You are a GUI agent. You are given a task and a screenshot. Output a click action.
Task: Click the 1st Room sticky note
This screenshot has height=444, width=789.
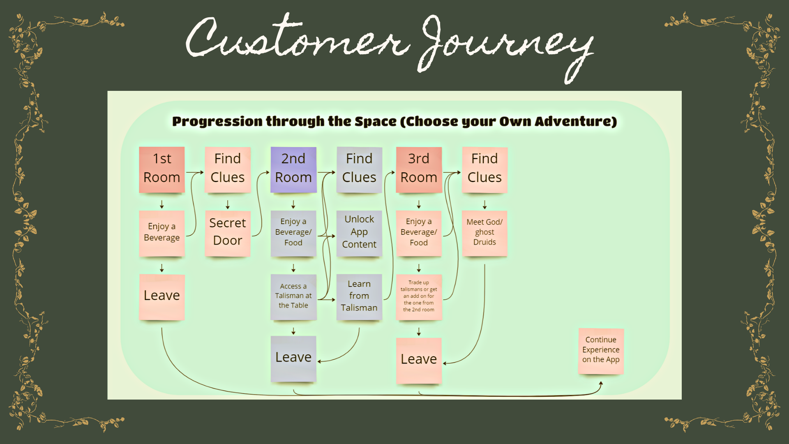click(x=162, y=170)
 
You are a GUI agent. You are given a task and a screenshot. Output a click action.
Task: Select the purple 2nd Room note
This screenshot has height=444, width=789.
click(x=293, y=170)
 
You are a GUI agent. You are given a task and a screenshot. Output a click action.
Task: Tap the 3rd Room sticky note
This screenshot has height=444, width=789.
click(x=419, y=170)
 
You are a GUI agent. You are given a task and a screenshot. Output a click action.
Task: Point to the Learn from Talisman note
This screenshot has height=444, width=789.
click(x=359, y=297)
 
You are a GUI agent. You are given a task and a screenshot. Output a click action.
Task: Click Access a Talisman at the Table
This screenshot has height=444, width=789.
click(x=293, y=297)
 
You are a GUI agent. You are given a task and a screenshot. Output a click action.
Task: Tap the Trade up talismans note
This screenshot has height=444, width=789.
click(x=419, y=297)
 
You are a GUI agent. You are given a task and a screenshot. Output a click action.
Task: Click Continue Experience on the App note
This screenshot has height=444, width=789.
click(x=601, y=351)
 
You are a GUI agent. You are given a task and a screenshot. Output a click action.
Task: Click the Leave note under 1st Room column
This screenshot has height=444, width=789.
click(x=162, y=297)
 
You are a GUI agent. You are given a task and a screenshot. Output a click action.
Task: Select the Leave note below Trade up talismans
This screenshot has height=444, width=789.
click(x=419, y=361)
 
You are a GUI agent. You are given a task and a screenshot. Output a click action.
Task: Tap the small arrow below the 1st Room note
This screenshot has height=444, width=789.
click(x=162, y=204)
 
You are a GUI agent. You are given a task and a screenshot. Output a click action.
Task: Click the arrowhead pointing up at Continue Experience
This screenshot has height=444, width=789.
click(x=601, y=384)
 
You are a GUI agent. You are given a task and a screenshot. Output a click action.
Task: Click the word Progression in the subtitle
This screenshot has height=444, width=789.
click(x=217, y=122)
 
